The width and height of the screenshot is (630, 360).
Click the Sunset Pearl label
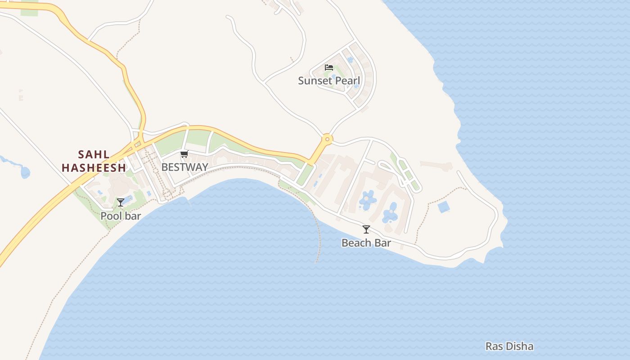click(x=329, y=81)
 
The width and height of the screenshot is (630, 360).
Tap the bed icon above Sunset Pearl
click(x=329, y=67)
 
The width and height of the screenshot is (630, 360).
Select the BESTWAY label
click(x=184, y=167)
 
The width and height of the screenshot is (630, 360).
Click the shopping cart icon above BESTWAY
click(x=184, y=154)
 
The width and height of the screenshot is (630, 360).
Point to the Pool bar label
click(x=121, y=216)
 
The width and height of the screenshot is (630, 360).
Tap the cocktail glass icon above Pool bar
click(x=121, y=202)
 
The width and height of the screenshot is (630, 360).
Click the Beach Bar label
click(x=366, y=243)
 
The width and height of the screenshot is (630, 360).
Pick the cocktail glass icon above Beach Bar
click(x=366, y=229)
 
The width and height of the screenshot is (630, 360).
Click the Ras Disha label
click(x=509, y=346)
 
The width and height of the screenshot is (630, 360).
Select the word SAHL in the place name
click(x=94, y=155)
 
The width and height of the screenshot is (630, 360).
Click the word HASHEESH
click(x=94, y=168)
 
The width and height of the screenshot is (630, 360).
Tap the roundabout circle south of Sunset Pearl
click(x=327, y=139)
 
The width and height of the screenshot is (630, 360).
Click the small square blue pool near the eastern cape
click(x=444, y=207)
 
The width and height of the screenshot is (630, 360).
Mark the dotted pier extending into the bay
click(x=319, y=238)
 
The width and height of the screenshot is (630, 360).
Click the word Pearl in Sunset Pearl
click(x=348, y=81)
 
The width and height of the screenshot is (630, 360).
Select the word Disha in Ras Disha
click(x=520, y=346)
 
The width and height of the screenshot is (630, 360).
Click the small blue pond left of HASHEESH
click(x=25, y=172)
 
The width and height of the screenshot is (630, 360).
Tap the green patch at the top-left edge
click(x=29, y=10)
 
